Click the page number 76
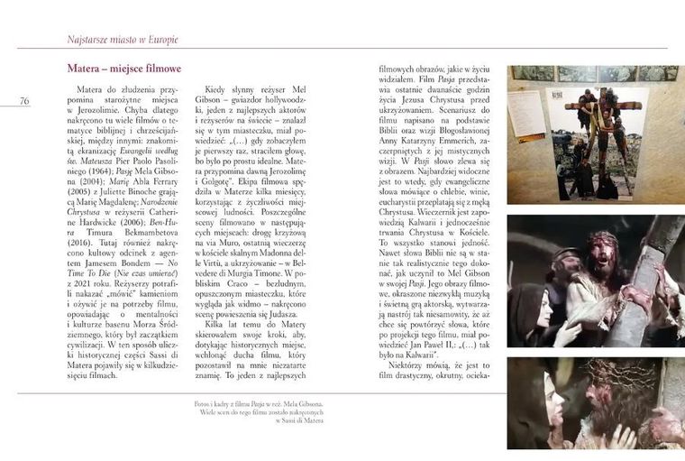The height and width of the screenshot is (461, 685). pos(23,101)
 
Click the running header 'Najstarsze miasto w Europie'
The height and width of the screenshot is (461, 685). pos(123,40)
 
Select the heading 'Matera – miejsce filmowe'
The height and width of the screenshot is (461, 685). pos(123,69)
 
